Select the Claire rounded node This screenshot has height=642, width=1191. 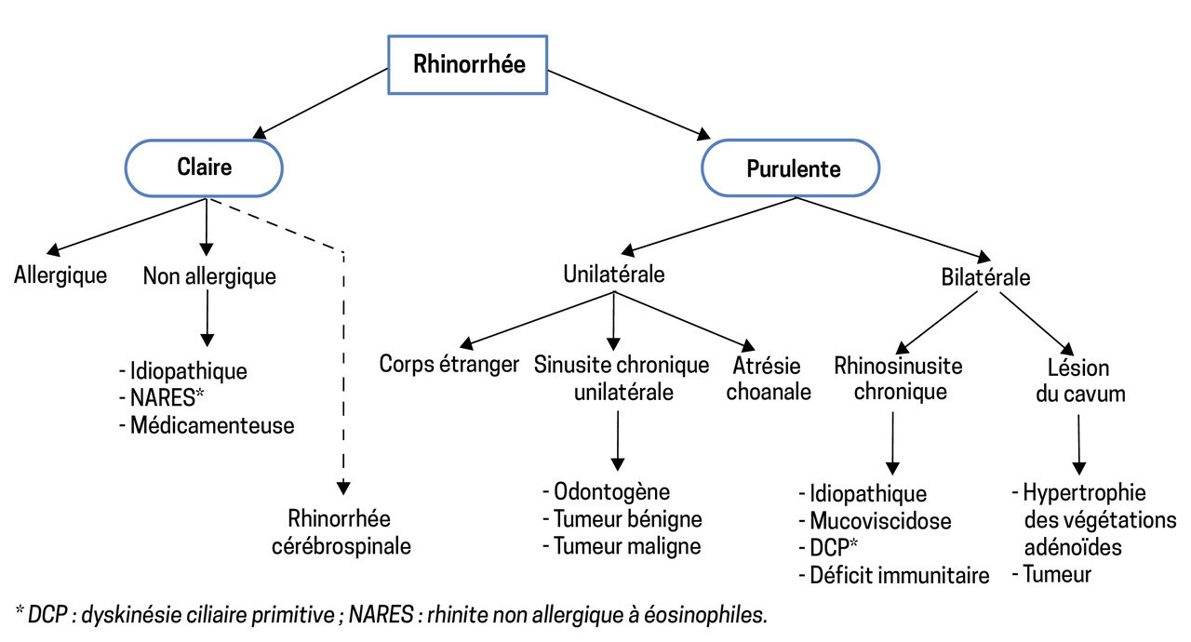click(205, 167)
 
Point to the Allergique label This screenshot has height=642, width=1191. click(60, 276)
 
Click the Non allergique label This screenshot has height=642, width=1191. click(209, 276)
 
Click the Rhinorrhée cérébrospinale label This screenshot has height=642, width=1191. click(340, 532)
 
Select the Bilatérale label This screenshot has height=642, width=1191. click(985, 277)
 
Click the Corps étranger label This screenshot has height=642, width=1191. click(448, 364)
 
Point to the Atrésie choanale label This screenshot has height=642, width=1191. click(769, 378)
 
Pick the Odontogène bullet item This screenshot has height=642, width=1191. click(606, 491)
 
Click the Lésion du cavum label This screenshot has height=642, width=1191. click(1079, 380)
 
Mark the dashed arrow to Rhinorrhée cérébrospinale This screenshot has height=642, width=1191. click(343, 372)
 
